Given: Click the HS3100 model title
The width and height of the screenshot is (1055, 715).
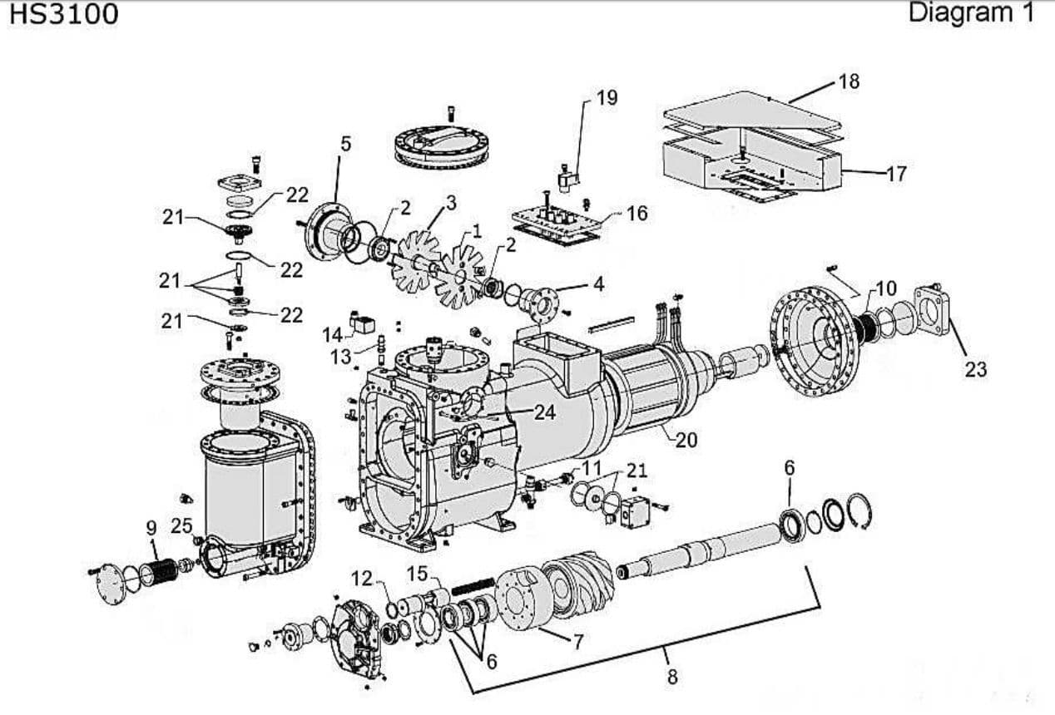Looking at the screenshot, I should click(x=63, y=14).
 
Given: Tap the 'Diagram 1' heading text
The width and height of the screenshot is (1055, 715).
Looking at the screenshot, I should click(x=971, y=12).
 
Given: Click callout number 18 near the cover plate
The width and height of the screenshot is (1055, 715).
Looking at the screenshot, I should click(x=849, y=81).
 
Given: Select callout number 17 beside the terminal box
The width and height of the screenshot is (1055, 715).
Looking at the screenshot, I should click(x=895, y=174).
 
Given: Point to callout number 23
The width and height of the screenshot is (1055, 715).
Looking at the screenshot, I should click(x=975, y=368).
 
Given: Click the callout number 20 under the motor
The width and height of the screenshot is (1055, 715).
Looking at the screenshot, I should click(x=686, y=440).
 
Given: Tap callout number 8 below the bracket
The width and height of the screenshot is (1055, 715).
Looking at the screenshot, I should click(x=672, y=677).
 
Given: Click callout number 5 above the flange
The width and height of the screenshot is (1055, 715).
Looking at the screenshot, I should click(x=345, y=143).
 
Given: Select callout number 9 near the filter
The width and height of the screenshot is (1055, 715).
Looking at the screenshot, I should click(x=151, y=527).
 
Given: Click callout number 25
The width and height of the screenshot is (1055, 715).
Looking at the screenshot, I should click(x=181, y=525).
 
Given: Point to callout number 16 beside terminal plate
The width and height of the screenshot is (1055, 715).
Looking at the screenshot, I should click(x=636, y=214).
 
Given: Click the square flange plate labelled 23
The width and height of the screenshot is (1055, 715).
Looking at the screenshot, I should click(x=933, y=311).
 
